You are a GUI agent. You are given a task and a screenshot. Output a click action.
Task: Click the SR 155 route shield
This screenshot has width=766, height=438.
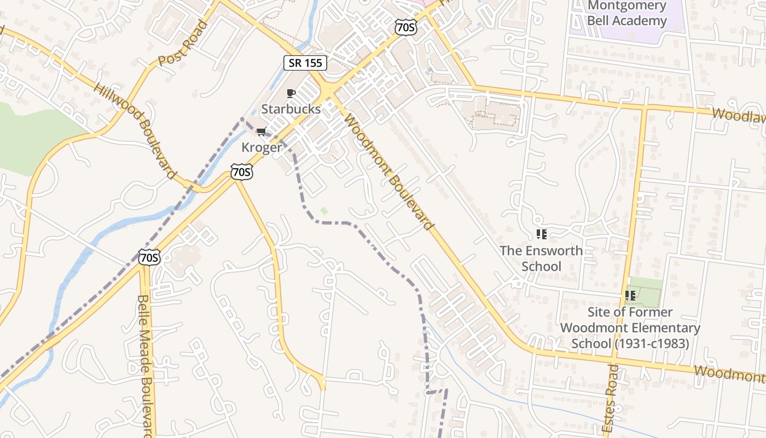(x=305, y=63)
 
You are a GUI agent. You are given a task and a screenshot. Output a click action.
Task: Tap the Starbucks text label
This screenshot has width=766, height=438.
(x=291, y=109)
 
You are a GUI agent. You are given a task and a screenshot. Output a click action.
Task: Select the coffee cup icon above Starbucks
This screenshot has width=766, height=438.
(x=291, y=93)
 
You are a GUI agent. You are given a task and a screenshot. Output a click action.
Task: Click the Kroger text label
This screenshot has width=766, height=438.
(x=262, y=147)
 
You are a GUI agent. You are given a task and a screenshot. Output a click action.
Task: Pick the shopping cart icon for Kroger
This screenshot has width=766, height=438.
(x=262, y=131)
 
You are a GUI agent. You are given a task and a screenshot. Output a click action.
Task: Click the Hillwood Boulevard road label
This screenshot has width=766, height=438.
(x=135, y=131)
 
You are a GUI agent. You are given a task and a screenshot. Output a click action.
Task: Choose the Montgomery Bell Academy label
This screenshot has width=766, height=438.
(x=626, y=14)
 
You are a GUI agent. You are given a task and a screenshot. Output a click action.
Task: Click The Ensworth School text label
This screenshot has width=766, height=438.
(x=541, y=258)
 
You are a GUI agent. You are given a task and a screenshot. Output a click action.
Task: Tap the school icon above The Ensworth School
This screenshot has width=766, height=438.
(x=542, y=235)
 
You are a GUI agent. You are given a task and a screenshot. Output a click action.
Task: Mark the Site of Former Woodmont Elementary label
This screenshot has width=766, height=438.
(x=630, y=328)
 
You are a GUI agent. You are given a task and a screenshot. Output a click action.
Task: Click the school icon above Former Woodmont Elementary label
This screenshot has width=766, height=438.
(x=630, y=296)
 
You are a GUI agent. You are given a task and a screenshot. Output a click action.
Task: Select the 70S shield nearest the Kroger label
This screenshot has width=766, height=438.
(x=241, y=172)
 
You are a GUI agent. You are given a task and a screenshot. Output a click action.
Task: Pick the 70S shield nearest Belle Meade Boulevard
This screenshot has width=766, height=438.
(x=149, y=257)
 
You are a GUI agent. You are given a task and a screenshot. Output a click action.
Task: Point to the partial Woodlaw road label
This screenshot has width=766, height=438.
(x=738, y=116)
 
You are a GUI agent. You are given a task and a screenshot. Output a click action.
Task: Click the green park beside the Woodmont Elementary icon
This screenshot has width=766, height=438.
(x=649, y=293)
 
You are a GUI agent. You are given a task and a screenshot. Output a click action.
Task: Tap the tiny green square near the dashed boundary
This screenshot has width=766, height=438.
(x=324, y=211)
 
